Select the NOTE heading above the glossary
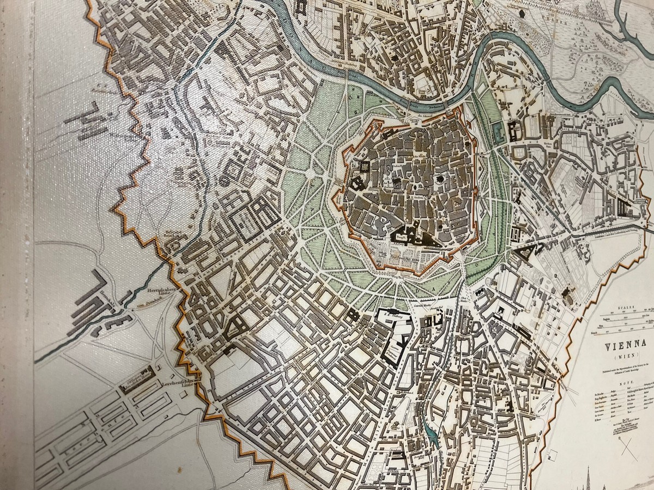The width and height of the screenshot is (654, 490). (x=620, y=384)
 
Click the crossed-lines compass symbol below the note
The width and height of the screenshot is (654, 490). (x=628, y=449)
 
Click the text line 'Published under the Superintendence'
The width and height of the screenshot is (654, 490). (x=621, y=370)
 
